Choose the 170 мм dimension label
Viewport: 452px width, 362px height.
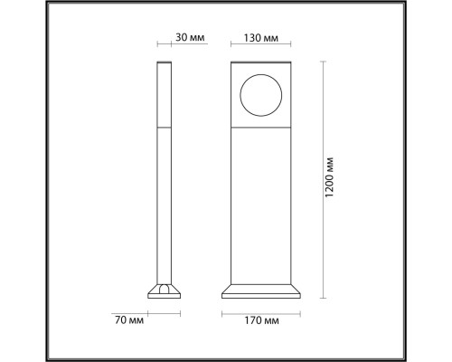click(262, 320)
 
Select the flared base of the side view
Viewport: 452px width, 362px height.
click(165, 291)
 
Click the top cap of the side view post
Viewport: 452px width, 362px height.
click(165, 63)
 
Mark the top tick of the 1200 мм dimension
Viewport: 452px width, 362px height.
click(325, 62)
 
